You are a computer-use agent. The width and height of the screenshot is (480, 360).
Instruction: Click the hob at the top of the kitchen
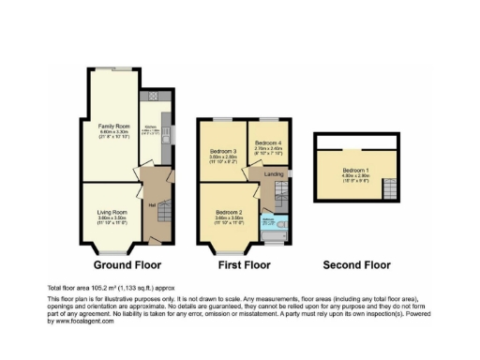pyautogui.click(x=149, y=97)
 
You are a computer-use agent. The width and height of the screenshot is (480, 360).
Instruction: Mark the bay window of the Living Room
pyautogui.click(x=112, y=251)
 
